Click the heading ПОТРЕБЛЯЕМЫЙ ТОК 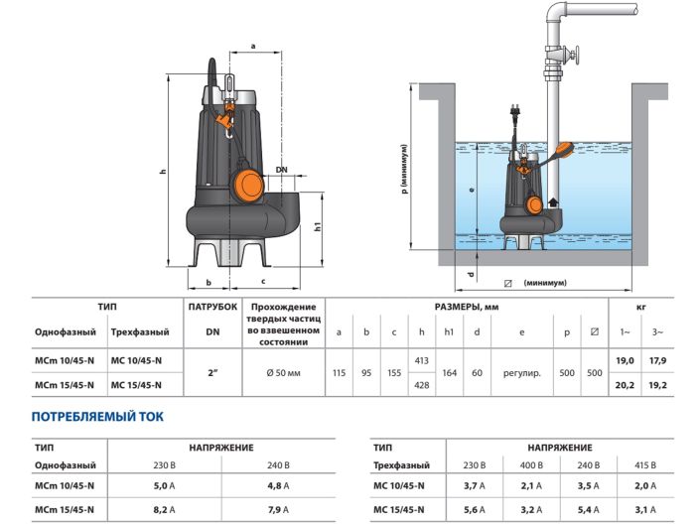[x=97, y=417]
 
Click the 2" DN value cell [x=212, y=373]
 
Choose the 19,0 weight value [x=626, y=363]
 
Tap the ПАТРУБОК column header [x=212, y=308]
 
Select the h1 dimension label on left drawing [x=318, y=226]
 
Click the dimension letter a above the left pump [x=253, y=46]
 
